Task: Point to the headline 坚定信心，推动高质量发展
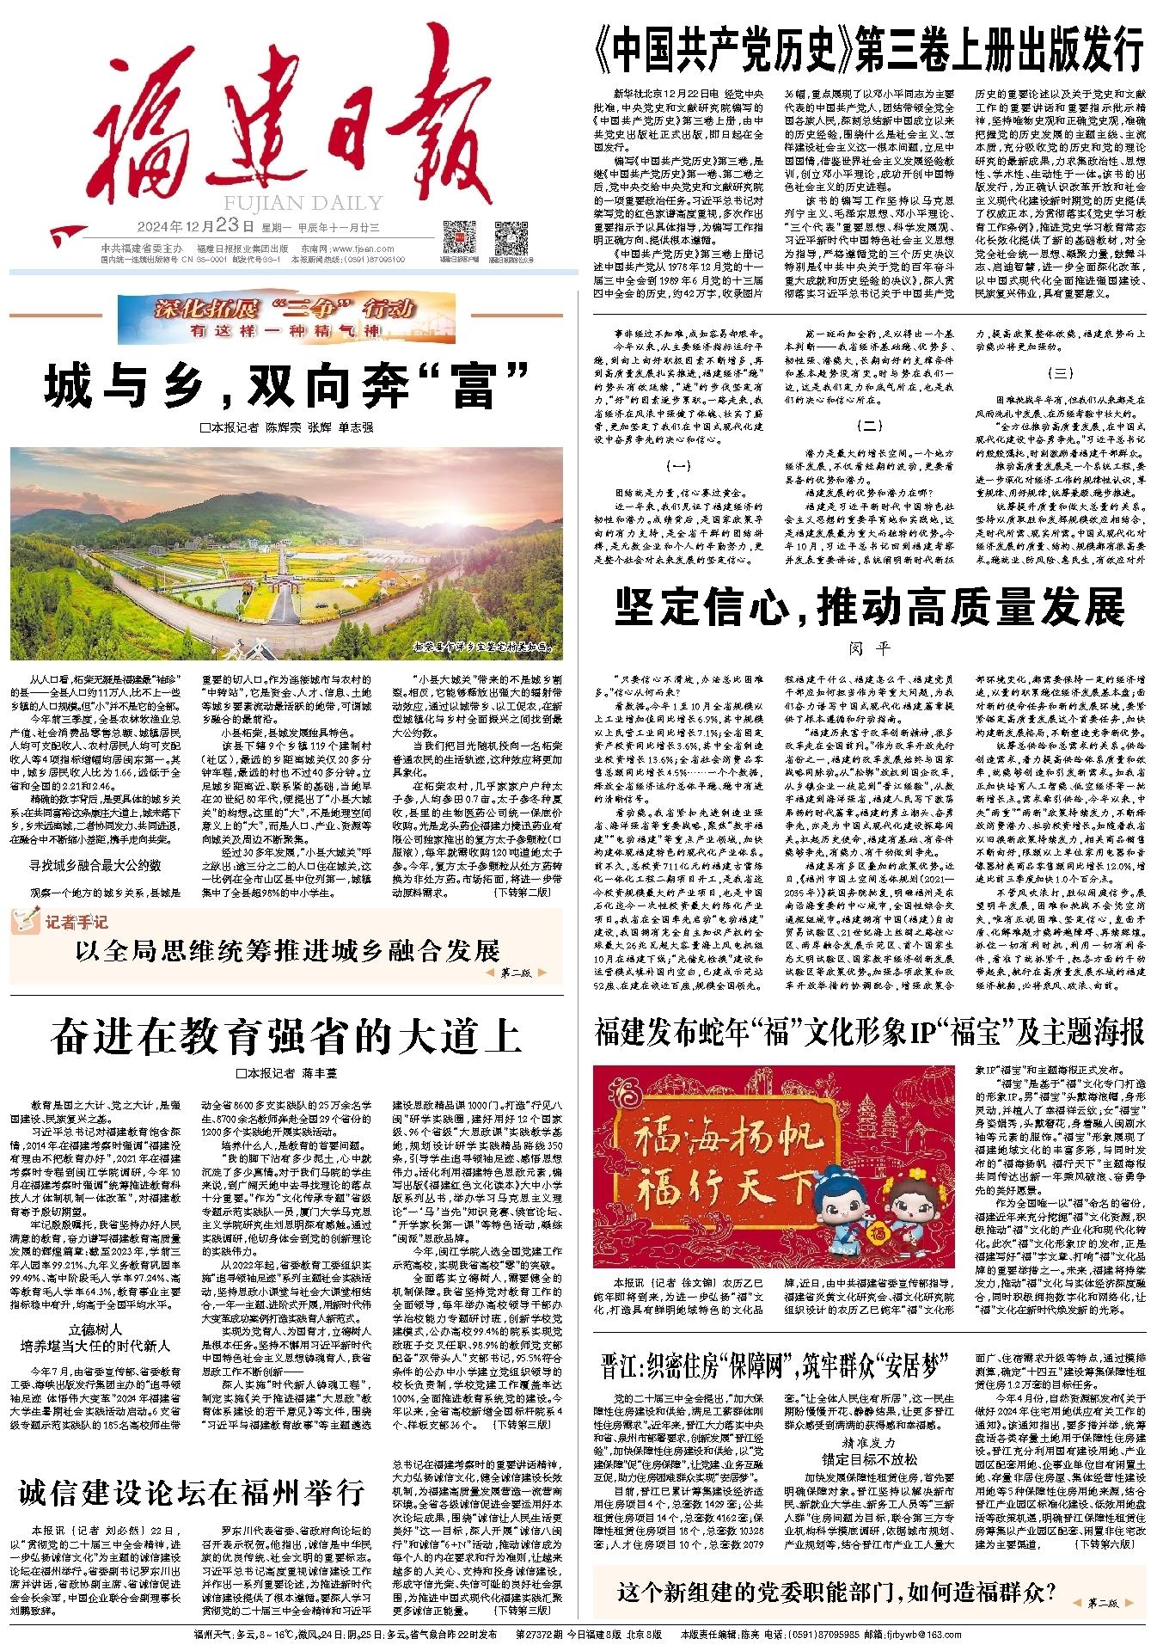point(869,607)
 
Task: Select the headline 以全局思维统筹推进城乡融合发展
point(287,951)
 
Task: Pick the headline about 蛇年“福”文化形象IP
point(869,1032)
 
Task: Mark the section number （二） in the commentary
point(869,425)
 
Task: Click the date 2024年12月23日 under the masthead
point(195,228)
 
